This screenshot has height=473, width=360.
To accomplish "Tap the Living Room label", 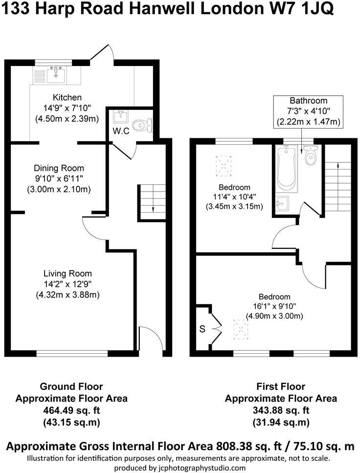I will [x=67, y=274].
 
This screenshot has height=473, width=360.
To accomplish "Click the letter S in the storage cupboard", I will [x=202, y=329].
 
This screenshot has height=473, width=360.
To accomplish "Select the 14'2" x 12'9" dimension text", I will [x=67, y=284].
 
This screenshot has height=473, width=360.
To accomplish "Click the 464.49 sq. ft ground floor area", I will [x=71, y=410].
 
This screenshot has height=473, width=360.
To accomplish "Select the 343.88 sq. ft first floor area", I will [x=281, y=410].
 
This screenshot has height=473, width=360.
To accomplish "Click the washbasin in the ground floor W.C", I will [x=119, y=117].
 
